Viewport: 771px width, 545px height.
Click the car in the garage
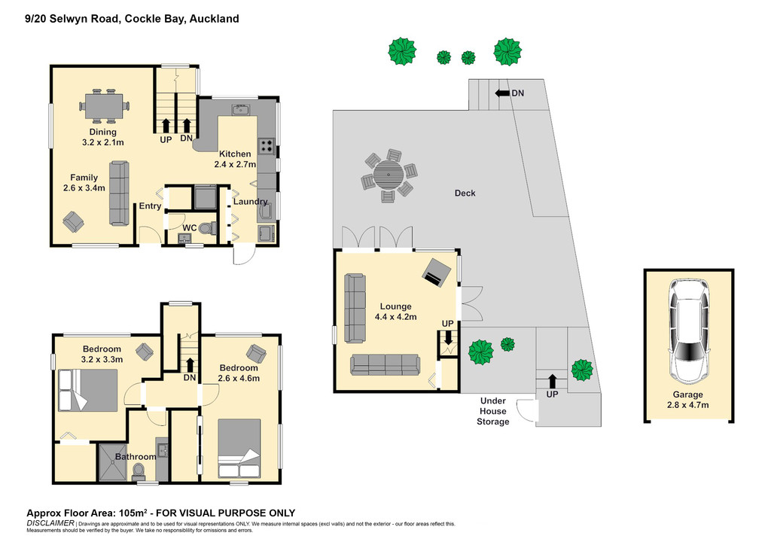pyautogui.click(x=688, y=331)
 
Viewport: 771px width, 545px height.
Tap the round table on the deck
pyautogui.click(x=388, y=175)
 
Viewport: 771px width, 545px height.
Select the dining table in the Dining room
pyautogui.click(x=104, y=105)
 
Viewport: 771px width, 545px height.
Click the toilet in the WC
pyautogui.click(x=209, y=228)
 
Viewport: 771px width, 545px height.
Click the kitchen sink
pyautogui.click(x=240, y=109)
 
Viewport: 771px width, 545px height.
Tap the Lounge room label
pyautogui.click(x=395, y=306)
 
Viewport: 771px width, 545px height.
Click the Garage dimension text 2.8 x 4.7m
pyautogui.click(x=688, y=405)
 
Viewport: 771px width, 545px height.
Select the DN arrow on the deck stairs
pyautogui.click(x=502, y=93)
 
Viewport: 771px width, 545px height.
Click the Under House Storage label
pyautogui.click(x=492, y=411)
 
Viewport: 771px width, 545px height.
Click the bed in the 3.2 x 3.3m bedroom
pyautogui.click(x=88, y=390)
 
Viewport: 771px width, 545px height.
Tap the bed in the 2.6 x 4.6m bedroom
pyautogui.click(x=239, y=448)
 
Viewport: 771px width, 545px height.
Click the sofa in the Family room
pyautogui.click(x=119, y=193)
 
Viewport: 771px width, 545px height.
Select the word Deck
pyautogui.click(x=465, y=193)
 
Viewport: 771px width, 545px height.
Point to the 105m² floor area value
pyautogui.click(x=134, y=513)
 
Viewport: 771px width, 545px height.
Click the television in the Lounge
pyautogui.click(x=436, y=272)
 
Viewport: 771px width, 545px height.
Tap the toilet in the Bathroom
pyautogui.click(x=139, y=472)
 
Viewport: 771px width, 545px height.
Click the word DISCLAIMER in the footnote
pyautogui.click(x=50, y=523)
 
